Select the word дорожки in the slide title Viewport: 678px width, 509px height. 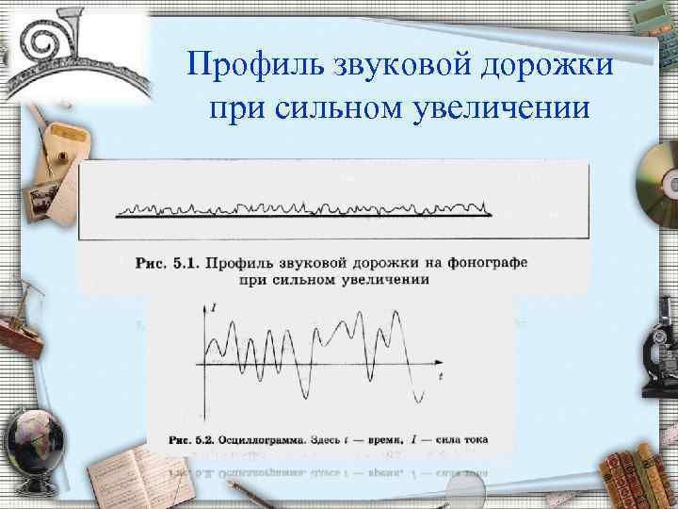point(546,66)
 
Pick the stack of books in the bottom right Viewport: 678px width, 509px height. point(640,476)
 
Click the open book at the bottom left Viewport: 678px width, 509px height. point(122,476)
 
